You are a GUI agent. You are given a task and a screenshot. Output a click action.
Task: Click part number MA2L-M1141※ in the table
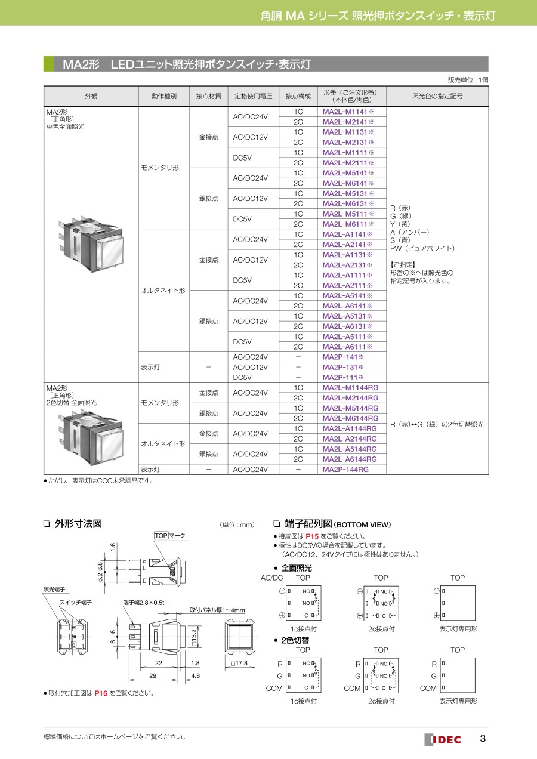point(348,112)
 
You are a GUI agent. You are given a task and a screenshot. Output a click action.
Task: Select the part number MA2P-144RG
point(345,470)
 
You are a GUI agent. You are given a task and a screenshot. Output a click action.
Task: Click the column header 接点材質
point(208,96)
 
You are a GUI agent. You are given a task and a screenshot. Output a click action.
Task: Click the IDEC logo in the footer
point(443,739)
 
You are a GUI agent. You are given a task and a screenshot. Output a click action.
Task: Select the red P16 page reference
point(101,693)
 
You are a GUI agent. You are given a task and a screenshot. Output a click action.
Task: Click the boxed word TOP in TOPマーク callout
point(161,535)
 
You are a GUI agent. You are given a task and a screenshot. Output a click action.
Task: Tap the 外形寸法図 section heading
point(78,524)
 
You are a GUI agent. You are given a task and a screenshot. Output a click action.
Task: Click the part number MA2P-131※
point(343,367)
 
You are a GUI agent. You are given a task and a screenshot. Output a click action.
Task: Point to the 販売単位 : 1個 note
point(468,80)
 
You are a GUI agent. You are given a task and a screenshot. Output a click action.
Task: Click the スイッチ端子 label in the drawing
point(75,603)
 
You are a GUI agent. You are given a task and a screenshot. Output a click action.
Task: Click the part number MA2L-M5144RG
point(350,408)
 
